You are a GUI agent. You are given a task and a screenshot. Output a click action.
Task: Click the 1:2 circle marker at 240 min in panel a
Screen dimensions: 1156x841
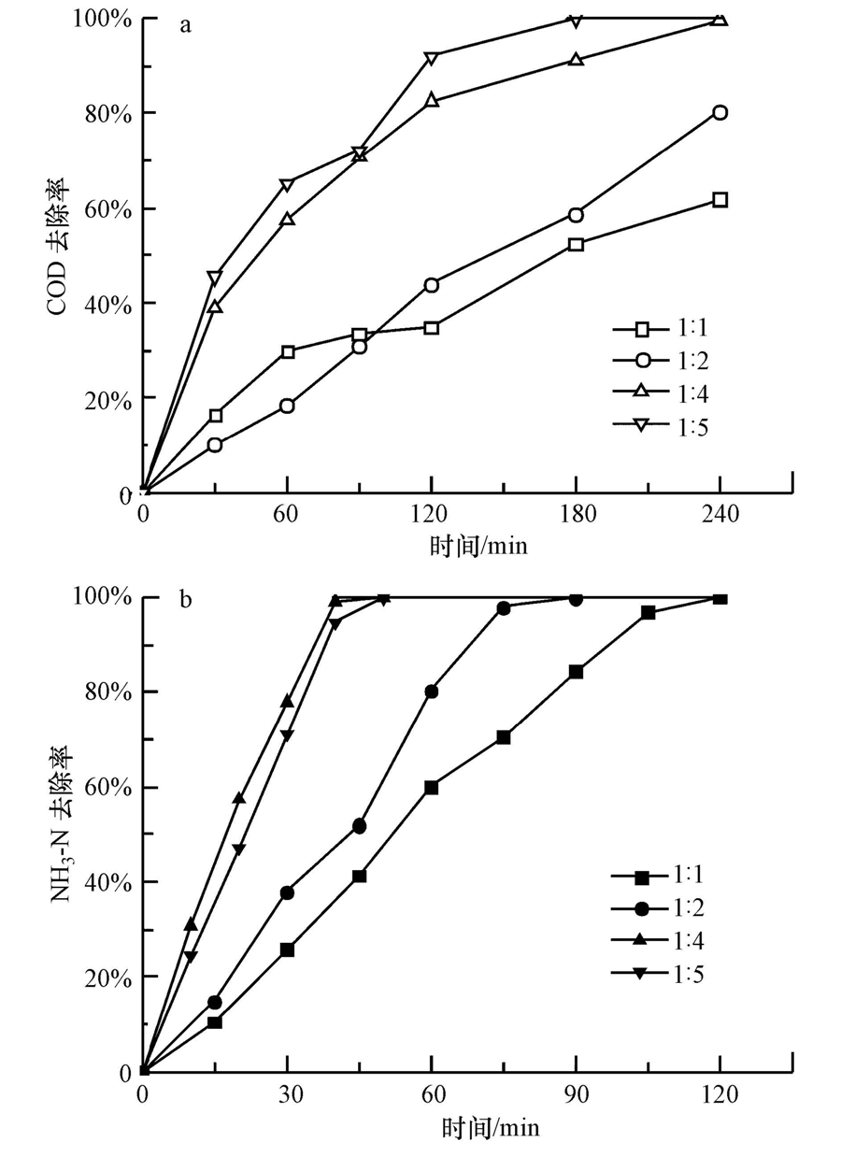click(x=720, y=112)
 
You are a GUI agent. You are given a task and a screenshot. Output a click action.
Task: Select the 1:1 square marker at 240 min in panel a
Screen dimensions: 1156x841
click(x=720, y=199)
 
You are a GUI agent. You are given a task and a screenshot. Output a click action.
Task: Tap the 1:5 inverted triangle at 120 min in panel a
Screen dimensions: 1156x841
click(x=431, y=58)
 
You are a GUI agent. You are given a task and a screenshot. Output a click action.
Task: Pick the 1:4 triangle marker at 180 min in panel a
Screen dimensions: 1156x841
click(x=576, y=60)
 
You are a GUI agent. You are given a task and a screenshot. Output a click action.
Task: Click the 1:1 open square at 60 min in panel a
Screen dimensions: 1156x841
click(x=288, y=351)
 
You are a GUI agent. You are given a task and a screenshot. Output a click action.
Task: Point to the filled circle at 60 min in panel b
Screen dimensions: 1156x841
click(x=431, y=692)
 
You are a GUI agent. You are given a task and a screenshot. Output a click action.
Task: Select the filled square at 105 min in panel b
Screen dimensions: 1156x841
click(x=648, y=613)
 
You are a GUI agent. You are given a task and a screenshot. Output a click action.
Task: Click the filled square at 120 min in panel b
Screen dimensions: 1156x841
click(x=720, y=598)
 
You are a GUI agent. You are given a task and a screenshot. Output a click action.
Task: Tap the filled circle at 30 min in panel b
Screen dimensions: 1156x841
click(x=287, y=892)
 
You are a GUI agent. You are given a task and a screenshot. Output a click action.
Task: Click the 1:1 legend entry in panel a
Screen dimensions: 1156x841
click(x=668, y=329)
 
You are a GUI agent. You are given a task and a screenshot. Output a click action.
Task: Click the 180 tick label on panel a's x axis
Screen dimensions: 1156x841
click(x=576, y=514)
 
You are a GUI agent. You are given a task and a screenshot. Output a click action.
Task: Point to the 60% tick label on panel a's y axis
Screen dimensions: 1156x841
click(x=108, y=208)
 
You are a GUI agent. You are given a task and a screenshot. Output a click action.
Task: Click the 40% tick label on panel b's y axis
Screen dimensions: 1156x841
click(x=108, y=882)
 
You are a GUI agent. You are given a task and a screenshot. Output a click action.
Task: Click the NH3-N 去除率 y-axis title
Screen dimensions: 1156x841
click(x=58, y=834)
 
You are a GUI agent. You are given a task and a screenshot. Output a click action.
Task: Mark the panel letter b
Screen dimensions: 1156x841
click(x=185, y=599)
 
